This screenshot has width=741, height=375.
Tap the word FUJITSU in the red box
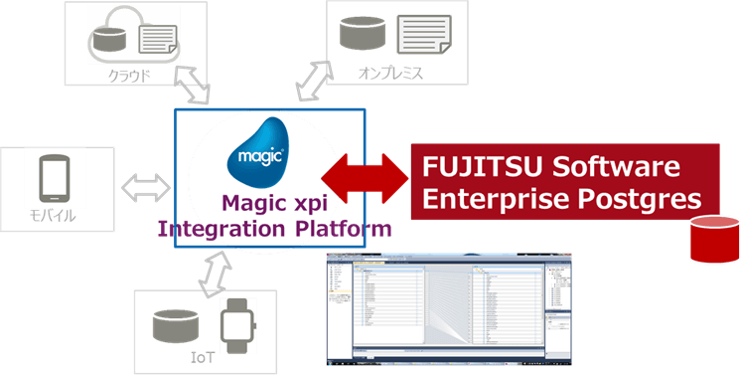(x=476, y=165)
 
